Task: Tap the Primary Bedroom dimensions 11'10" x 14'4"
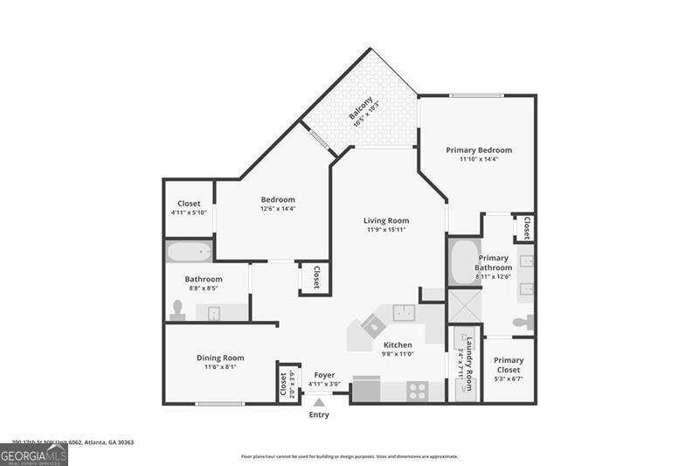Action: [x=479, y=159]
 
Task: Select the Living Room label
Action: [x=386, y=220]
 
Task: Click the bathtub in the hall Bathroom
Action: [x=190, y=253]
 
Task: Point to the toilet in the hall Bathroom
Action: [x=178, y=310]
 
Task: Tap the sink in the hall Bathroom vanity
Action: [x=213, y=312]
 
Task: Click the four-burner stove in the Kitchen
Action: [x=418, y=392]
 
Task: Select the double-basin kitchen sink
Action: [x=404, y=312]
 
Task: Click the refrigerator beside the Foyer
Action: [x=367, y=390]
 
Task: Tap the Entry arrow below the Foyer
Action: [x=320, y=403]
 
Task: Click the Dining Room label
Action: [x=219, y=358]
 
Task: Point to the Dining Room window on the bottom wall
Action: [x=219, y=404]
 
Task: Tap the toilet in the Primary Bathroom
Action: [x=525, y=322]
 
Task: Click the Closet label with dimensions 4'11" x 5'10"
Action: [x=189, y=204]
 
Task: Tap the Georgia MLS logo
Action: [x=34, y=455]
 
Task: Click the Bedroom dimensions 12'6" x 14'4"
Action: [x=278, y=208]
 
